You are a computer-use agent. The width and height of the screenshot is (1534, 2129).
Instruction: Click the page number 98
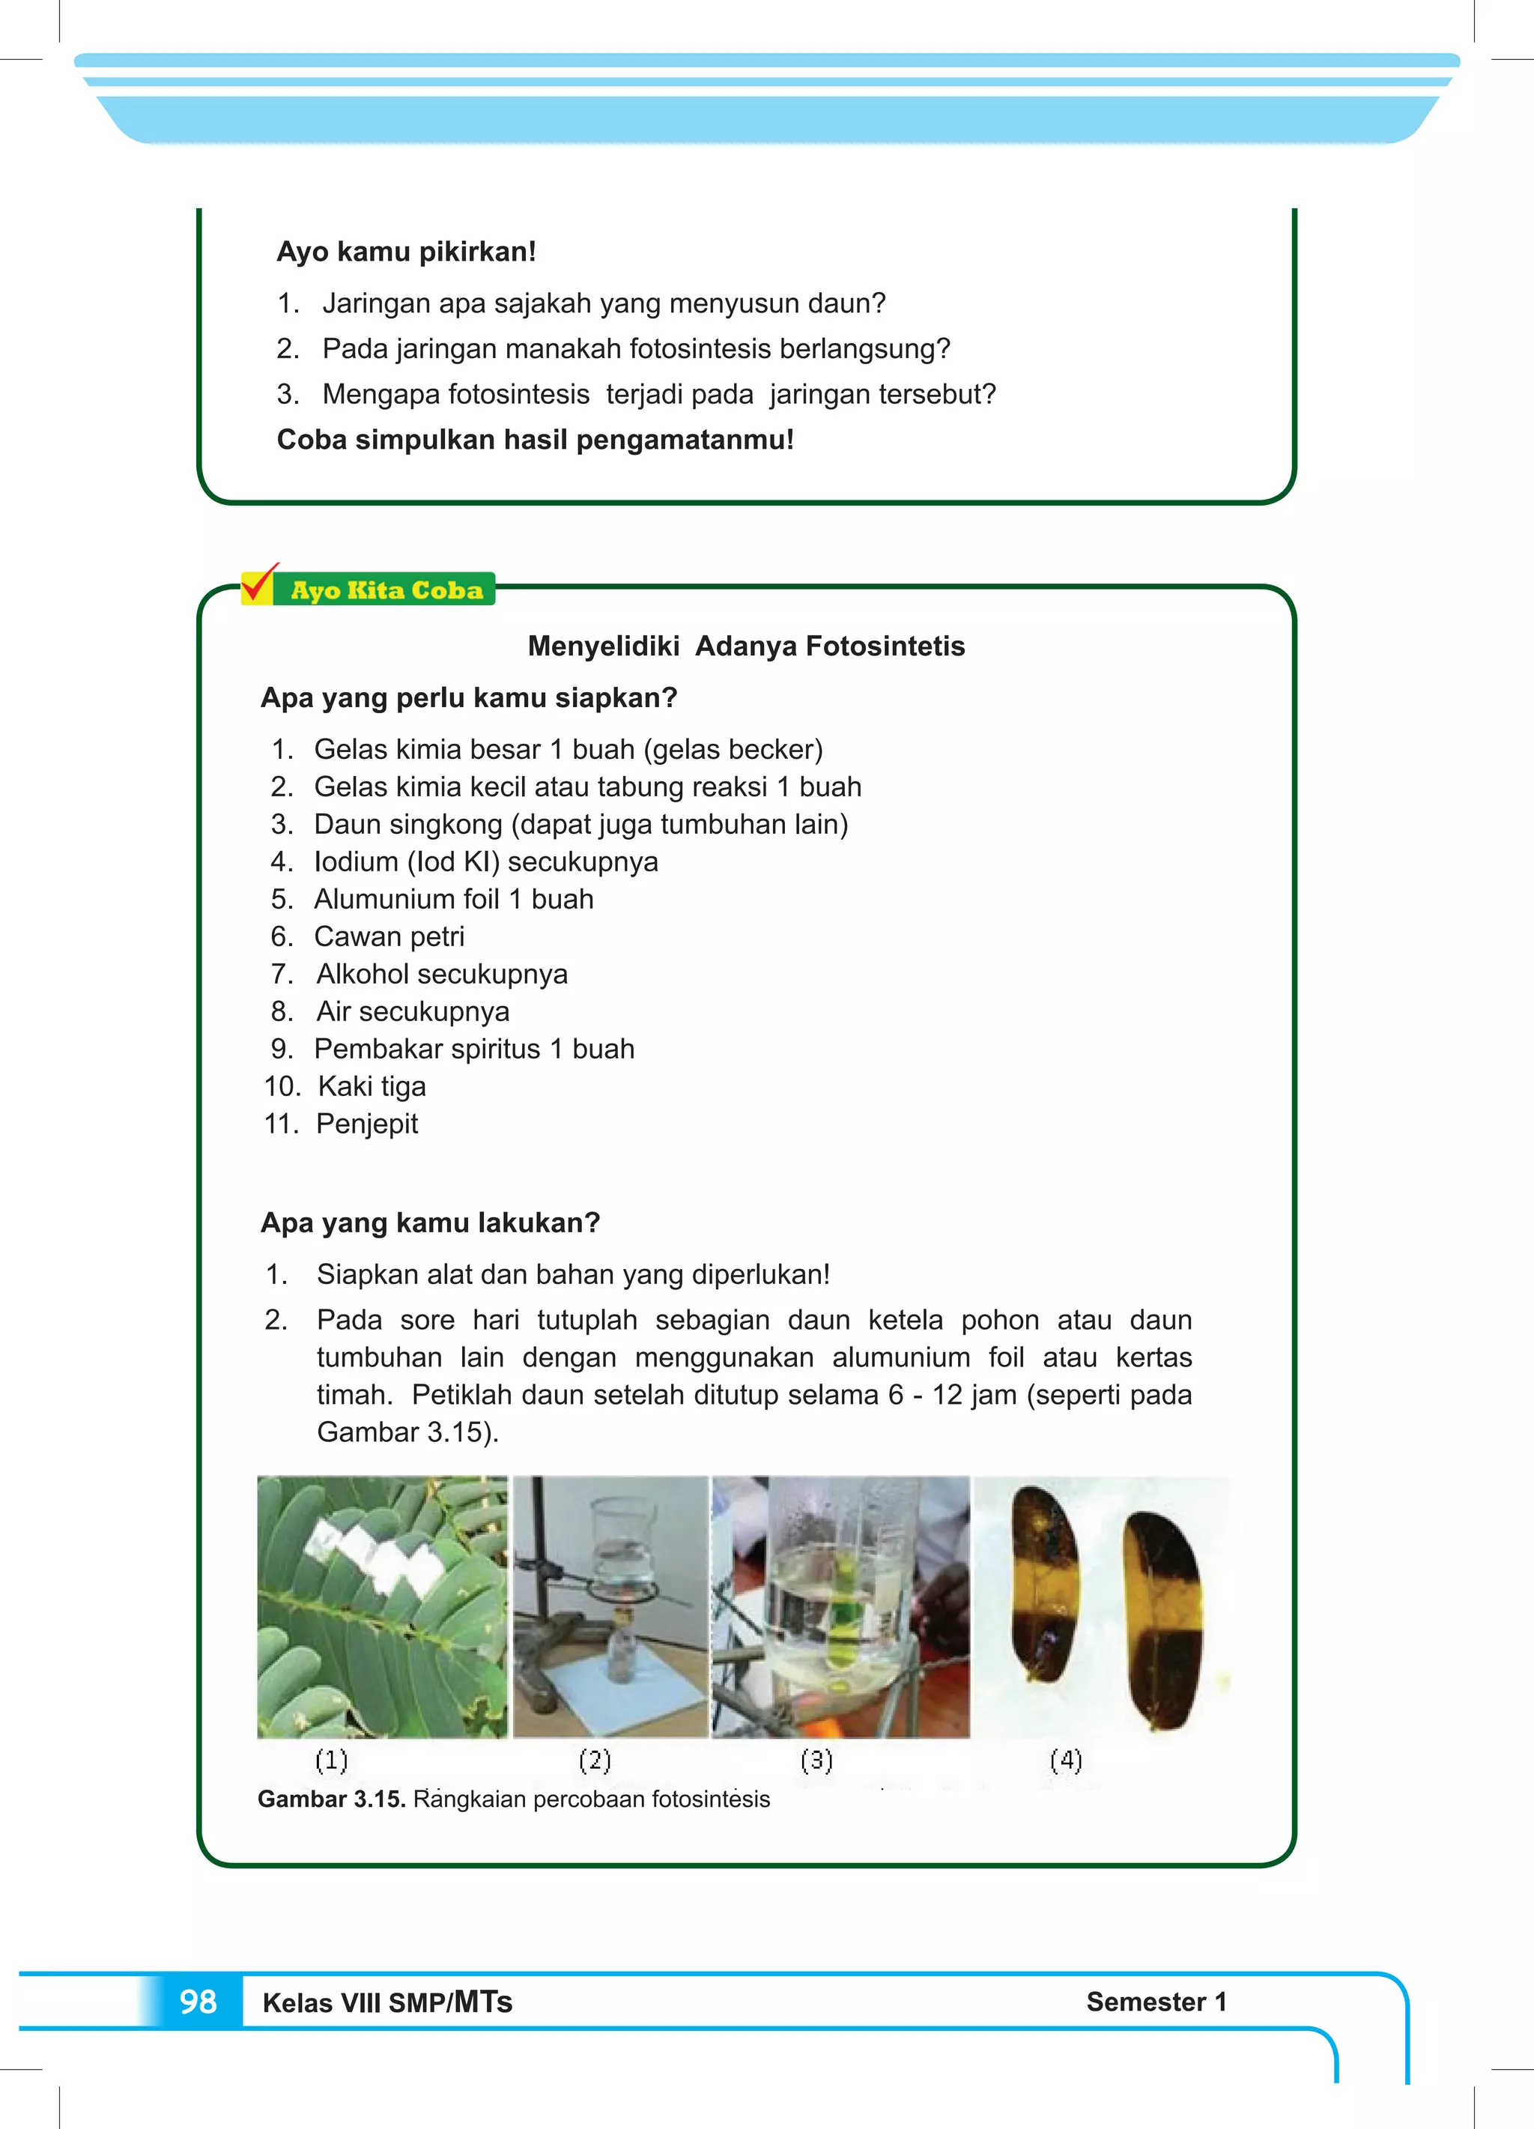(198, 2002)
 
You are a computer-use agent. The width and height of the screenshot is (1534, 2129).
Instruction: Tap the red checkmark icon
(258, 584)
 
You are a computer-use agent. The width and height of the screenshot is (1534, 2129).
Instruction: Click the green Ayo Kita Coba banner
(386, 590)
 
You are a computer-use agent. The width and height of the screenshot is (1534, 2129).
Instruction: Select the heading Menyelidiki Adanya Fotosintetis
(745, 646)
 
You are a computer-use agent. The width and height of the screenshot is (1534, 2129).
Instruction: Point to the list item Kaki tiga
(371, 1086)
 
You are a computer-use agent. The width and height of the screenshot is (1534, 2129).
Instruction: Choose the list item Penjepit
(366, 1124)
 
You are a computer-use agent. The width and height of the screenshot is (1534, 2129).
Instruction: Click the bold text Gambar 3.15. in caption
(330, 1799)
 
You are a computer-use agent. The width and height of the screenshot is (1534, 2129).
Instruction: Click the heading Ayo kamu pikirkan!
(405, 252)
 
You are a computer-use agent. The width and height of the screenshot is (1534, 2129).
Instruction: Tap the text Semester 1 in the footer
(1156, 2002)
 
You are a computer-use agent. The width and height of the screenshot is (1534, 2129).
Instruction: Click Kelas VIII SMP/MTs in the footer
(386, 2002)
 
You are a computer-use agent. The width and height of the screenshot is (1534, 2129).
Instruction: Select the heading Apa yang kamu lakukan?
(429, 1223)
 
